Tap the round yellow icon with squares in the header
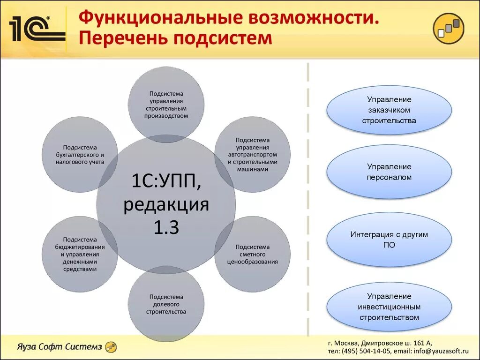(448, 29)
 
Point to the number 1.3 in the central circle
(166, 227)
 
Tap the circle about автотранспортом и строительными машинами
(253, 154)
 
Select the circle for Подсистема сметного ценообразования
(253, 254)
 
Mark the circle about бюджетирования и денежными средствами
(80, 254)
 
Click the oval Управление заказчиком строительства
(389, 110)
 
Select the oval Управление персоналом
(389, 172)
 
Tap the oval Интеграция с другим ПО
(389, 239)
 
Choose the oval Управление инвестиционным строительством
(389, 307)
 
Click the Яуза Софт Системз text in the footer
(59, 347)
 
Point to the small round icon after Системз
(111, 347)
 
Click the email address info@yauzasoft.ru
(441, 351)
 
